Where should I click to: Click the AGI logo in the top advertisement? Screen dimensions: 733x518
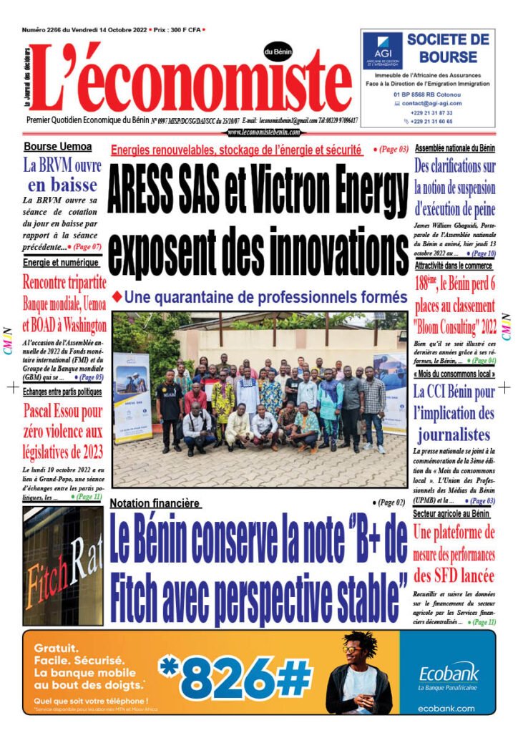pyautogui.click(x=382, y=50)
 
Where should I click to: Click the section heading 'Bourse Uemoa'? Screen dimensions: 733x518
pyautogui.click(x=58, y=147)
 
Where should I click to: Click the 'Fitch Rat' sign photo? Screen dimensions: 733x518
pyautogui.click(x=63, y=565)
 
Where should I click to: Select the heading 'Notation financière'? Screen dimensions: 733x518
pyautogui.click(x=155, y=503)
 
